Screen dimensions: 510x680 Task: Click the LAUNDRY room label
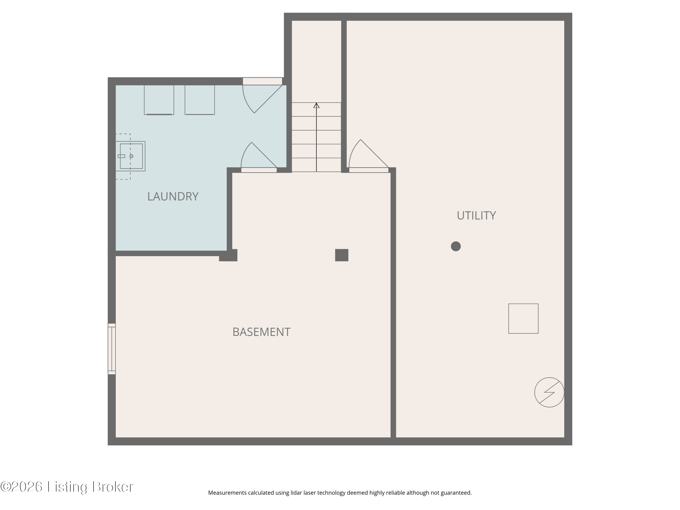pyautogui.click(x=173, y=197)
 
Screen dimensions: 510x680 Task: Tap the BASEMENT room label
pyautogui.click(x=261, y=332)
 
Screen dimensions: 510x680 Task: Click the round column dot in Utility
pyautogui.click(x=456, y=246)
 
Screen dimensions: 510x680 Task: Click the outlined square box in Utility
pyautogui.click(x=523, y=318)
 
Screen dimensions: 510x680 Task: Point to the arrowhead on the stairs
pyautogui.click(x=316, y=105)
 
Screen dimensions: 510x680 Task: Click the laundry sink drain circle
pyautogui.click(x=131, y=156)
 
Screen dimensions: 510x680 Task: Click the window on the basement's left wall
pyautogui.click(x=112, y=349)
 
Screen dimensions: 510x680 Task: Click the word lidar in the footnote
pyautogui.click(x=296, y=493)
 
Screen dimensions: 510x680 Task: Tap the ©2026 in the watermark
pyautogui.click(x=22, y=487)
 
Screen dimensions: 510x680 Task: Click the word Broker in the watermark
pyautogui.click(x=113, y=487)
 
